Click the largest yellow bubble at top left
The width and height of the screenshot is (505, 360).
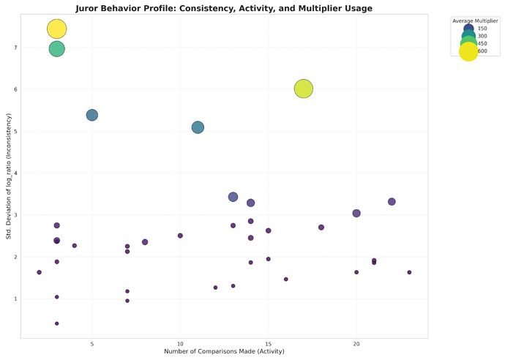point(56,29)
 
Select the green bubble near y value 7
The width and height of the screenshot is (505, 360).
point(56,49)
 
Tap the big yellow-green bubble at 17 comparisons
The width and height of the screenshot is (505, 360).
point(304,89)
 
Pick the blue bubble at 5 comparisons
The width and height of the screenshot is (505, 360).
point(91,115)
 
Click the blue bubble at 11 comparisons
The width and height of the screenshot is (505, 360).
point(198,127)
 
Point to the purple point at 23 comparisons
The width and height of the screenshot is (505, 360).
point(409,272)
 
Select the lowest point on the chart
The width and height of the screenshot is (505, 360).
point(56,323)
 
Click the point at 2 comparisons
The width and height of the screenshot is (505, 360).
point(39,272)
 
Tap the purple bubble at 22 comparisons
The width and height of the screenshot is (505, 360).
point(392,202)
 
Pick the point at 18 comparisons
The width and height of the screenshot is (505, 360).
point(321,228)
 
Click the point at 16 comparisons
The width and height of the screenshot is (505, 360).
point(286,280)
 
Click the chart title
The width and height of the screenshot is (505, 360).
point(224,8)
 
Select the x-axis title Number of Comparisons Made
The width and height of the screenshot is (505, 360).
point(224,352)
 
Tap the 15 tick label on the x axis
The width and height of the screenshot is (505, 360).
point(268,344)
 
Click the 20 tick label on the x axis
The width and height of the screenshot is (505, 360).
point(356,344)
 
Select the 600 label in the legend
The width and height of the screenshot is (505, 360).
point(482,51)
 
